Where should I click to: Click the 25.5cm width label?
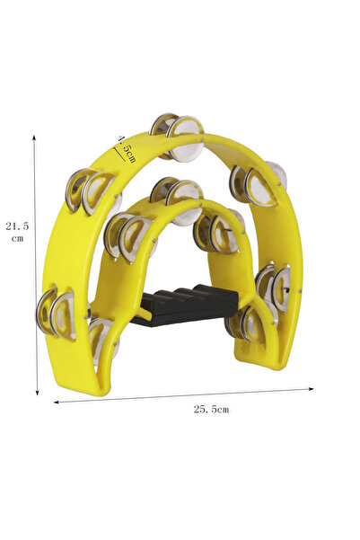tap(211, 409)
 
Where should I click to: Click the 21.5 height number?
tap(17, 226)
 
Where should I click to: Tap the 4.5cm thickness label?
tap(127, 149)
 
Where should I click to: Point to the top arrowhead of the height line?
tap(34, 137)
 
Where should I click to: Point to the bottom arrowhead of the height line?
tap(37, 393)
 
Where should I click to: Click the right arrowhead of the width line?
tap(311, 389)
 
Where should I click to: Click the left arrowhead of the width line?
tap(57, 402)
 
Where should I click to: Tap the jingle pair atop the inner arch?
tap(178, 199)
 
